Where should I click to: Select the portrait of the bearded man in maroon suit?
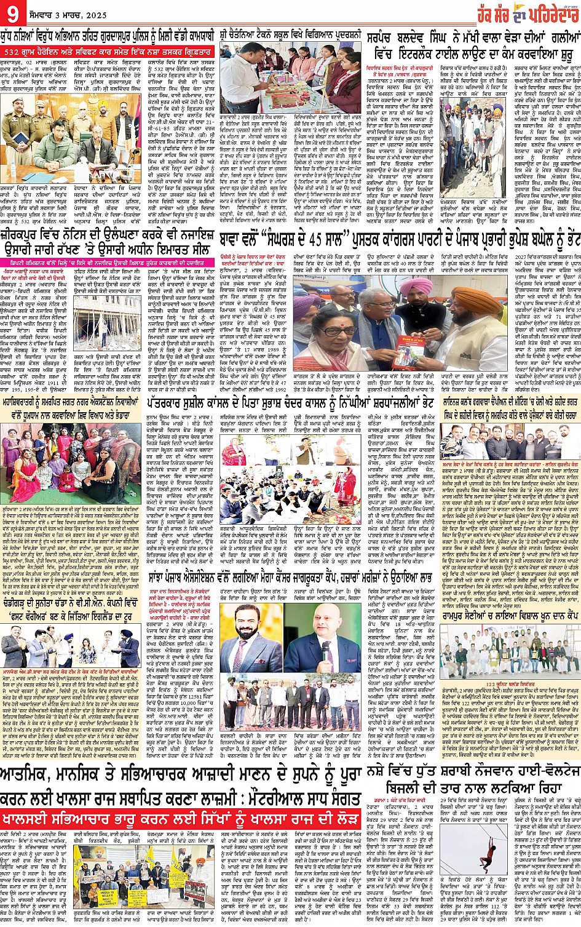pos(255,637)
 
